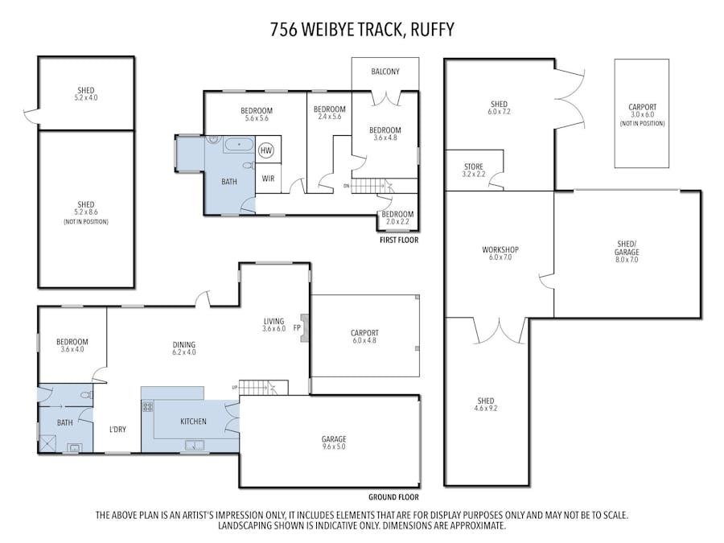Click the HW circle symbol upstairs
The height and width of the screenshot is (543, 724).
point(266,150)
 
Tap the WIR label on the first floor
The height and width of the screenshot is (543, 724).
point(268,179)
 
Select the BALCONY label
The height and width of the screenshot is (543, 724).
point(385,72)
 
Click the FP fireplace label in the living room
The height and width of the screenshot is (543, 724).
point(297,328)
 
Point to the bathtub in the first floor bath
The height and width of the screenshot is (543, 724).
point(239,145)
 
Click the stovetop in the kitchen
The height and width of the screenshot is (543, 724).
point(148,407)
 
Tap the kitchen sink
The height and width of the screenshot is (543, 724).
point(195,445)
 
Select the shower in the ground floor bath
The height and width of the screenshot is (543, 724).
point(47,444)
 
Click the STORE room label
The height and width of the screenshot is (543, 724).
point(474,167)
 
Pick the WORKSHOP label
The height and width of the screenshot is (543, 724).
point(500,250)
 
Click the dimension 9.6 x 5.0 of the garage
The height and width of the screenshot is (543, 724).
point(334,446)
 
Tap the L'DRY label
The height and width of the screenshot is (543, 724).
point(117,429)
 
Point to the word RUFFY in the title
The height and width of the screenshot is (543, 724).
point(432,30)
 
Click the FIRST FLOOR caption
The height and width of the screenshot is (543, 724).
point(399,240)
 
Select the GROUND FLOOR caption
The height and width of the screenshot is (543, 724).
point(393,497)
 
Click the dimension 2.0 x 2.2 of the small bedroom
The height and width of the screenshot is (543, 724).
point(397,222)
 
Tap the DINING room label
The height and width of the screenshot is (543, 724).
point(183,344)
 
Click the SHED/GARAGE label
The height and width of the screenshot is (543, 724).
point(627,248)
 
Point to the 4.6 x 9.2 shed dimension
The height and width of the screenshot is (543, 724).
point(486,408)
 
